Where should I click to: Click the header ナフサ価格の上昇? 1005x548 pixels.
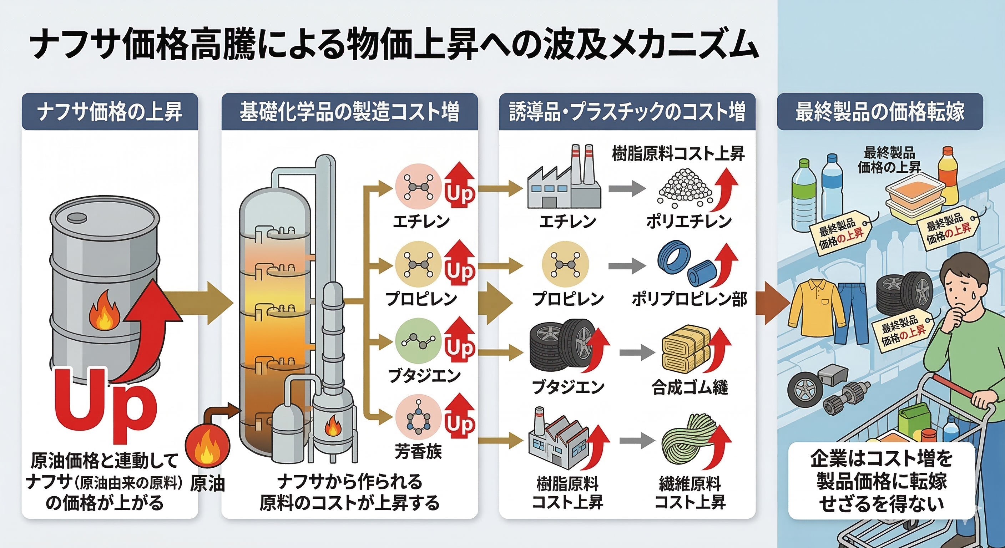110,112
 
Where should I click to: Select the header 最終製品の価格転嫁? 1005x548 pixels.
879,112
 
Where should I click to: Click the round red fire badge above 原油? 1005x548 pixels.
207,446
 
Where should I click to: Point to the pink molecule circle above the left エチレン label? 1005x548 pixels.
418,187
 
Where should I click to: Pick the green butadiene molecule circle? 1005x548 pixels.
418,341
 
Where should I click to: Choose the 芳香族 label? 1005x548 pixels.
418,452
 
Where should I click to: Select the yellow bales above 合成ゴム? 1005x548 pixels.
685,352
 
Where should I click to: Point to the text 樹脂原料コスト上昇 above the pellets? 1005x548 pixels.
678,154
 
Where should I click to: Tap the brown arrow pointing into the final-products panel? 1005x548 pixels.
772,304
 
